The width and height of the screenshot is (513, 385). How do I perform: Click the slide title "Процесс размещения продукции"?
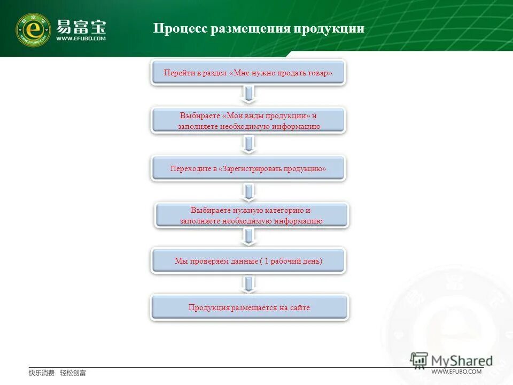tap(259, 28)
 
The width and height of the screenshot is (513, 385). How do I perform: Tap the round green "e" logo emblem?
tap(33, 29)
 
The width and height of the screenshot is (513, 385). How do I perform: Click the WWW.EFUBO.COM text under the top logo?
tap(81, 38)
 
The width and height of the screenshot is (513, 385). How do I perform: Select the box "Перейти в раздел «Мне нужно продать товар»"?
tap(248, 73)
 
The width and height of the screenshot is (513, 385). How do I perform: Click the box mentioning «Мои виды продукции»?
tap(248, 121)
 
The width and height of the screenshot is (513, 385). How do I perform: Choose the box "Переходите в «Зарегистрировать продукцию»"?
tap(248, 168)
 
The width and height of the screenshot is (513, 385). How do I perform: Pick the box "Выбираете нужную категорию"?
tap(251, 215)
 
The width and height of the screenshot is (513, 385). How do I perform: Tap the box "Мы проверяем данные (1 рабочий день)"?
tap(248, 261)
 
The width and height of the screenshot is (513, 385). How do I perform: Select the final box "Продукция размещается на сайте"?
tap(249, 307)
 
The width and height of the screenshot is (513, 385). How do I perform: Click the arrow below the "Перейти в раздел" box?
tap(248, 95)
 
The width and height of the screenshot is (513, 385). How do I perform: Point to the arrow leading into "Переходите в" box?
tap(248, 143)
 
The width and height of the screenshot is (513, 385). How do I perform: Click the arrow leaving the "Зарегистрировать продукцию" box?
tap(248, 191)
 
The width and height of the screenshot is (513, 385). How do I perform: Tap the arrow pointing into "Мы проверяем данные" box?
tap(248, 237)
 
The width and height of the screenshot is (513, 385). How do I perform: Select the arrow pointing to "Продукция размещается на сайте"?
tap(248, 284)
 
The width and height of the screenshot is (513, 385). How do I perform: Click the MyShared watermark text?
tap(462, 361)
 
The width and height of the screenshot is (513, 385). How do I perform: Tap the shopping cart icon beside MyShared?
tap(419, 360)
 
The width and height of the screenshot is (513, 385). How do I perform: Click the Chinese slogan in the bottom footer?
tap(57, 373)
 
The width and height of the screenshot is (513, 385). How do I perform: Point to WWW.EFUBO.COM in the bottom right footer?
tap(456, 372)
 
